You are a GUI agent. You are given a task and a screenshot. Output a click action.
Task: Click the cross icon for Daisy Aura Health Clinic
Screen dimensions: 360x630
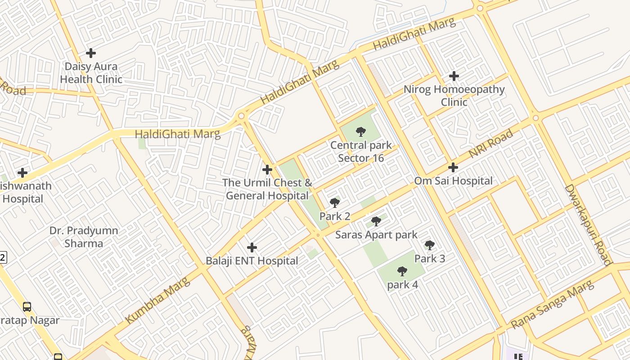click(91, 53)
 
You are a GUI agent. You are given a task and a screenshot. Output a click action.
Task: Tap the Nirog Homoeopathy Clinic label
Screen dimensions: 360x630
click(454, 95)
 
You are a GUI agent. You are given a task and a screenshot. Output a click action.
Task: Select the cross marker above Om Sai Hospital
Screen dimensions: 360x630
click(453, 167)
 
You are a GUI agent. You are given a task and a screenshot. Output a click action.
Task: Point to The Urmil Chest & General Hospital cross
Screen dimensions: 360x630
click(267, 170)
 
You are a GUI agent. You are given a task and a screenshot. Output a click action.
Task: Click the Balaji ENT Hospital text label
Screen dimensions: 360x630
click(252, 261)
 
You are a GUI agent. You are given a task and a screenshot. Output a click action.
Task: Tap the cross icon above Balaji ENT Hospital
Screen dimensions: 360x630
click(252, 247)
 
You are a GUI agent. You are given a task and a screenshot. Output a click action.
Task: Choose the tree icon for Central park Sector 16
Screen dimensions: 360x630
click(360, 132)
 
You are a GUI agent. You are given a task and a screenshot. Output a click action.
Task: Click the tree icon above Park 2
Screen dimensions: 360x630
click(334, 203)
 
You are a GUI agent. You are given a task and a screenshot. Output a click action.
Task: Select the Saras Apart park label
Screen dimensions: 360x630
click(376, 235)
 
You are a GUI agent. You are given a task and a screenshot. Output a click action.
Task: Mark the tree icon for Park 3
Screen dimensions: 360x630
click(430, 245)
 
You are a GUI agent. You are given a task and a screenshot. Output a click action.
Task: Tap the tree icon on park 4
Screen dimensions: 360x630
click(402, 271)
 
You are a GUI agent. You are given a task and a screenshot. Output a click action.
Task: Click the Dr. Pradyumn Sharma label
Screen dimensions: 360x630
click(84, 237)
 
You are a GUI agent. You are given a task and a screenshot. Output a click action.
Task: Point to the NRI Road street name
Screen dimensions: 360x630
click(490, 144)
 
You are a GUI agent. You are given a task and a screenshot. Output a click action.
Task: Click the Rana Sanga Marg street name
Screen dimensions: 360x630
click(553, 305)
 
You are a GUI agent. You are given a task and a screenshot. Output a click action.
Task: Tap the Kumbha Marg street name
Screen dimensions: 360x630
click(157, 300)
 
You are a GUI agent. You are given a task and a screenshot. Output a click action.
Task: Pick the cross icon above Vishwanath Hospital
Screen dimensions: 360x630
click(22, 173)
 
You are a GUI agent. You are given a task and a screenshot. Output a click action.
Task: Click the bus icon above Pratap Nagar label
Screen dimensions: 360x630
click(27, 307)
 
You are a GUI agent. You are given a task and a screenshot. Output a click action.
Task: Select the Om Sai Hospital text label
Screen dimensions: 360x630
click(453, 181)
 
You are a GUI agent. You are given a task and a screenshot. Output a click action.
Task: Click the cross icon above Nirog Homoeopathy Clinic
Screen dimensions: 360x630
click(454, 76)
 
